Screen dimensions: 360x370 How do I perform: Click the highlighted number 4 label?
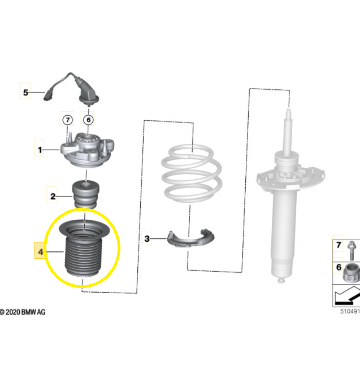coord(40,251)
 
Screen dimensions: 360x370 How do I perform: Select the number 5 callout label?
coord(25,92)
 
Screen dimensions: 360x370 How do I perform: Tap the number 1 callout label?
coord(40,150)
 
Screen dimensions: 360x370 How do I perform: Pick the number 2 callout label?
coord(53,196)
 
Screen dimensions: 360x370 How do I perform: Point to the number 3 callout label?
coord(147,238)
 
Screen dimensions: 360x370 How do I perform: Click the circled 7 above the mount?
coord(67,120)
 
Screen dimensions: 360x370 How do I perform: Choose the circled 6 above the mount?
coord(88,120)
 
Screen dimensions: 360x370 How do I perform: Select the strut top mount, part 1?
coord(87,150)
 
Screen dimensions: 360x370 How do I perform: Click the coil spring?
coord(192,173)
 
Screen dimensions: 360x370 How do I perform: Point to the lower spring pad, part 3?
coord(190,239)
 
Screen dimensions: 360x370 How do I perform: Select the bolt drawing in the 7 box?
coord(351,250)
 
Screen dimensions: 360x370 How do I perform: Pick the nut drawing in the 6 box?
coord(352,273)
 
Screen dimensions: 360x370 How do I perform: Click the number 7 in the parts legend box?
coord(339,245)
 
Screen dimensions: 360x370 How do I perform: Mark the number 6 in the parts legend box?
coord(339,267)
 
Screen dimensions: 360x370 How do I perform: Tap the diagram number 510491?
coord(350,311)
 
